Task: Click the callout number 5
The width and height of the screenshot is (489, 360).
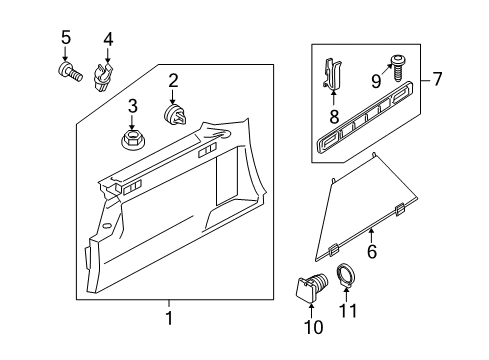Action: coord(66,37)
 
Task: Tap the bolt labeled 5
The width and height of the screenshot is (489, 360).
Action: coord(69,72)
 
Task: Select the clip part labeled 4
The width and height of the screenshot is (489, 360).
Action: coord(102,77)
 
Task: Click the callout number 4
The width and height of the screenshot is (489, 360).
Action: coord(108,40)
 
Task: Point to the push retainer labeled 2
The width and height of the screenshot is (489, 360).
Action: coord(175,115)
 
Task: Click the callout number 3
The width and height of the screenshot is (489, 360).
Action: coord(132,106)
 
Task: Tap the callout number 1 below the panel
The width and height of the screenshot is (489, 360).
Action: coord(169,318)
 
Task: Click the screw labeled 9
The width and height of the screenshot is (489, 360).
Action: coord(397,68)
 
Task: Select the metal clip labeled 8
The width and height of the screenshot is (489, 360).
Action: coord(333,74)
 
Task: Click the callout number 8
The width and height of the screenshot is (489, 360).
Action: coord(334,117)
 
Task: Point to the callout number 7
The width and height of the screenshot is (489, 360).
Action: coord(437,79)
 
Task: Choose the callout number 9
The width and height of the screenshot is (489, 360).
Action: coord(376,81)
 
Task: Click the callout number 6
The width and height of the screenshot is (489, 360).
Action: coord(372,251)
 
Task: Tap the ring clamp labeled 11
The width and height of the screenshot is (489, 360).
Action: coord(345,274)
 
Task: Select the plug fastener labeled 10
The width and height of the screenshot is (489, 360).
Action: coord(311,287)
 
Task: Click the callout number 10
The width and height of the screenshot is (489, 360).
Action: coord(313,327)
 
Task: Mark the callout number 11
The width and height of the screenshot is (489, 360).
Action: coord(348,311)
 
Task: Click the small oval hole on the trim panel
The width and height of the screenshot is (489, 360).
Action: coord(107,226)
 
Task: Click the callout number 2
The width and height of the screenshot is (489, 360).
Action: coord(173,81)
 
